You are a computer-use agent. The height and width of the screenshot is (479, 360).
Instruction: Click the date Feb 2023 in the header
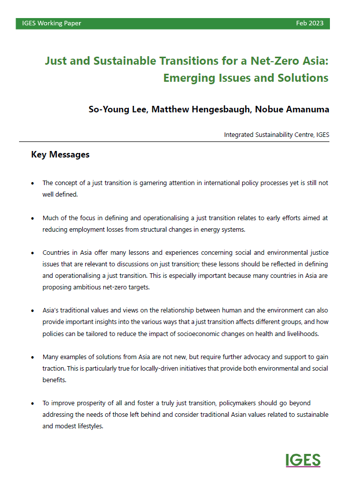click(x=309, y=24)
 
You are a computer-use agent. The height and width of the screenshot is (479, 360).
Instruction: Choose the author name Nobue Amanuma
click(x=292, y=109)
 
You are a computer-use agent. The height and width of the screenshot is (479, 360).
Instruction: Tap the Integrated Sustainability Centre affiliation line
click(x=276, y=134)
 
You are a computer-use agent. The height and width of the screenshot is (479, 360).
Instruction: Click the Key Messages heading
click(x=60, y=154)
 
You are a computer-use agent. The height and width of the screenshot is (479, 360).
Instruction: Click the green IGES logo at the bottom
click(x=303, y=460)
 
